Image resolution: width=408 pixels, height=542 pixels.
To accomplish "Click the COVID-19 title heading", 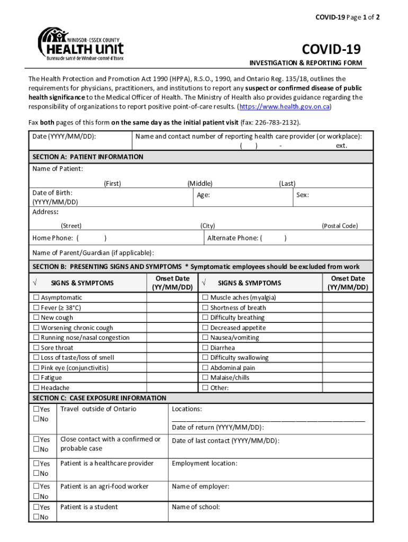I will tap(331, 50).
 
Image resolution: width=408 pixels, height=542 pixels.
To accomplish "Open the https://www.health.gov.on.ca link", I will tap(285, 107).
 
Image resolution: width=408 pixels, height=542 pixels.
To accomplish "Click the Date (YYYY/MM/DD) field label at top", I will tap(64, 137).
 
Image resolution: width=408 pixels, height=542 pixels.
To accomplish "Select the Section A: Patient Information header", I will tap(88, 157).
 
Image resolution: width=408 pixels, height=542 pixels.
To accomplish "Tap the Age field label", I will tap(203, 195).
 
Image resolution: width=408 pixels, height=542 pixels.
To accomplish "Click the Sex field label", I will tap(303, 195).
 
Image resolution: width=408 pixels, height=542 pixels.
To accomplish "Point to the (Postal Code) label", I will tap(340, 226).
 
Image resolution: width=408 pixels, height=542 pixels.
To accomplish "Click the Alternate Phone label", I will tap(233, 238).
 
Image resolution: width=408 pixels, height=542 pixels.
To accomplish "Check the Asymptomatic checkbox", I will tap(37, 298).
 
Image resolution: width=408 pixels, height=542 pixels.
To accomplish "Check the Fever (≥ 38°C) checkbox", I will tap(37, 308).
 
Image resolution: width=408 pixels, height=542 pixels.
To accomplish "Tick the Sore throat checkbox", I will tap(37, 348).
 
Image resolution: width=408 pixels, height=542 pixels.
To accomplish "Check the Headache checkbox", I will tap(37, 388).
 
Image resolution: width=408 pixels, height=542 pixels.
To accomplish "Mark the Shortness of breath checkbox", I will tap(206, 308).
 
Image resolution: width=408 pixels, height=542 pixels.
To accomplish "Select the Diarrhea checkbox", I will tap(206, 348).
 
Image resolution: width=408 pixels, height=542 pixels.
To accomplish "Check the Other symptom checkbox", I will tap(206, 388).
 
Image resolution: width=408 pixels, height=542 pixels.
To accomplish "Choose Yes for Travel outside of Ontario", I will tap(36, 409).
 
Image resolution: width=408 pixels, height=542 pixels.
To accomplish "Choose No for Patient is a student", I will tap(36, 517).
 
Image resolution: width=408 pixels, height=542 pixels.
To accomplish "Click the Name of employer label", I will tap(200, 486).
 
